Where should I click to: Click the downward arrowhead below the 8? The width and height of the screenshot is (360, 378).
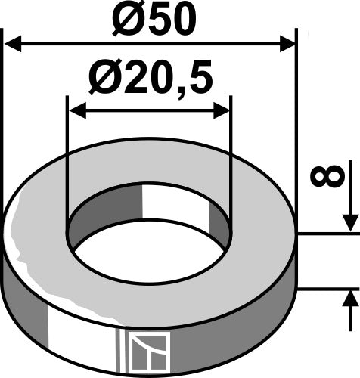tap(349, 223)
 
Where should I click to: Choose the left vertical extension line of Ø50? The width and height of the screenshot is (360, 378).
tap(4, 113)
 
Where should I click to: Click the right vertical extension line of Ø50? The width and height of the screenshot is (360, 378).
tap(296, 113)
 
